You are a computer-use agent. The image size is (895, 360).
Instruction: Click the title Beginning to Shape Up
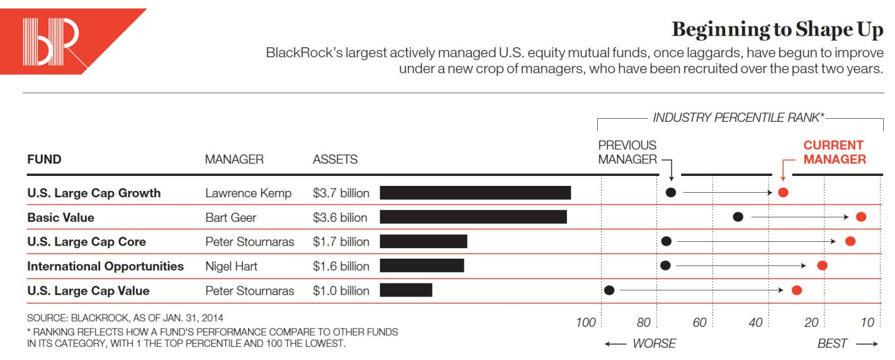click(x=777, y=30)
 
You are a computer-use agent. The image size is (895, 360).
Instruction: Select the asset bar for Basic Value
click(x=473, y=217)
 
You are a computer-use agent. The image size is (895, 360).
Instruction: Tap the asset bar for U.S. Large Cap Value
click(x=405, y=290)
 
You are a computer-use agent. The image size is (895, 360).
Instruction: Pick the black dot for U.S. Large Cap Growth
click(x=671, y=192)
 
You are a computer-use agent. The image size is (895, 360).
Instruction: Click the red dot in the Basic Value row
click(x=861, y=217)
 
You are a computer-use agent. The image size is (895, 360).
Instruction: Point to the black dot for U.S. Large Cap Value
click(x=609, y=290)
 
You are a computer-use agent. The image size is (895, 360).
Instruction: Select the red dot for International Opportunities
click(x=822, y=265)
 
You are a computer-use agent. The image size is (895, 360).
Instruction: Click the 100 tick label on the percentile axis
click(x=585, y=322)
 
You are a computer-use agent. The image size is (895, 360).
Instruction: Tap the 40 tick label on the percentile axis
click(x=755, y=322)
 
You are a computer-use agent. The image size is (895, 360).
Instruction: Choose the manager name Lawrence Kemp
click(x=248, y=193)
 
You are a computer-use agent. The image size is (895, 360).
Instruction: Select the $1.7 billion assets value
click(x=341, y=241)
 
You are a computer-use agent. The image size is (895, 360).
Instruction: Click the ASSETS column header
click(x=335, y=160)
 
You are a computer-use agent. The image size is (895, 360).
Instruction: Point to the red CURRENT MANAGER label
click(x=834, y=152)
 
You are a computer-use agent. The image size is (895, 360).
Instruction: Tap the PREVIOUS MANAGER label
click(x=628, y=152)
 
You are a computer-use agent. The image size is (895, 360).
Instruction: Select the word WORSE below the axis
click(x=654, y=343)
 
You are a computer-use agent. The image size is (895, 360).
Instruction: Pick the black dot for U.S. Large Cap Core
click(x=666, y=241)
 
